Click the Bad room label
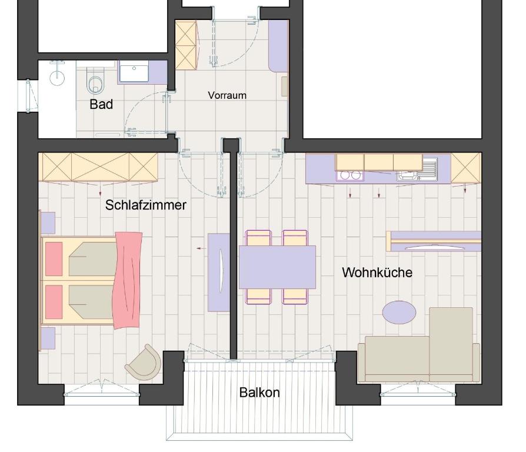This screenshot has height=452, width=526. click(101, 104)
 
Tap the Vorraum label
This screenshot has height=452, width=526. click(227, 95)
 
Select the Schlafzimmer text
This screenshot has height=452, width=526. click(145, 205)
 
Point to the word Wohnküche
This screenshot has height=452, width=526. click(377, 272)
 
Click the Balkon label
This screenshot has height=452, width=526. click(259, 393)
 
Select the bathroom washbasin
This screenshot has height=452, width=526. click(134, 71)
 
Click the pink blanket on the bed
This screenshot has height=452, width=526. click(128, 280)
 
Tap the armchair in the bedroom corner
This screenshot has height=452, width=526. click(144, 363)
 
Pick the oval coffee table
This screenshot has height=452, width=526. click(399, 312)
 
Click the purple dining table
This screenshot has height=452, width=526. click(277, 267)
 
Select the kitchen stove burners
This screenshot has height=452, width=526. click(350, 175)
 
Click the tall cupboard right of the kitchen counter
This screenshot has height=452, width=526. click(466, 168)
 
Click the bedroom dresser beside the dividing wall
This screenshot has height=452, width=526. click(219, 272)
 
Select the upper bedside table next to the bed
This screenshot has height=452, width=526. click(48, 223)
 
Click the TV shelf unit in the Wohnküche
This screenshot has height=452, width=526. click(434, 241)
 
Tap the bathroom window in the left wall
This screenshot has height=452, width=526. click(28, 95)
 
